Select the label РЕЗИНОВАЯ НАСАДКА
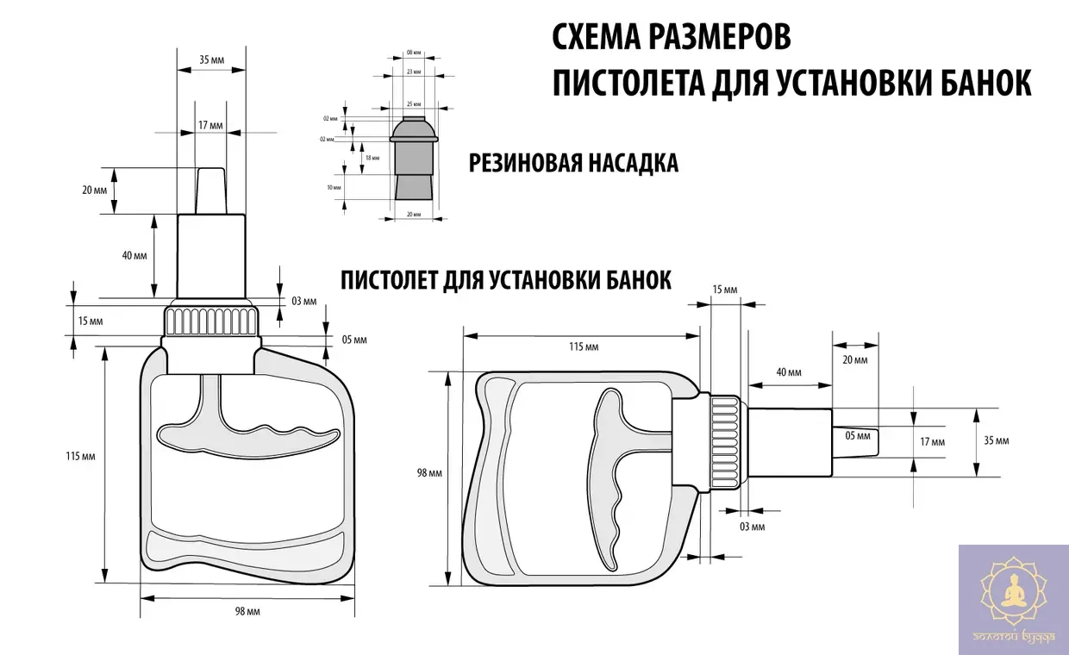[573, 163]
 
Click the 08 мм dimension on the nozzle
[414, 53]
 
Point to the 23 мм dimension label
[414, 72]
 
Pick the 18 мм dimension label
[372, 159]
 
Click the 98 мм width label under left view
[247, 611]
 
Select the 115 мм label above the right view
[584, 346]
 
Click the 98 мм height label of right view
[428, 473]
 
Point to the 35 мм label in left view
[210, 60]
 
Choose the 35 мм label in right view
[995, 440]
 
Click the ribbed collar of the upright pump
[211, 321]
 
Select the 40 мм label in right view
[788, 372]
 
